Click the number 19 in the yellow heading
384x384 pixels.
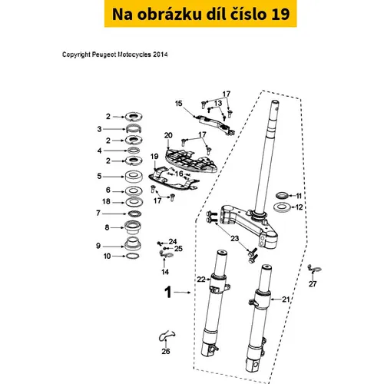[x=280, y=14]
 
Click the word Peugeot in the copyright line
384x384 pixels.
[x=104, y=55]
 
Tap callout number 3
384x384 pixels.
[x=99, y=129]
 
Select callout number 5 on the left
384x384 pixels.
[x=99, y=177]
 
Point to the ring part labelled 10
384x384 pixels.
[x=133, y=256]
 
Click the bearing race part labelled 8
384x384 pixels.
[x=133, y=227]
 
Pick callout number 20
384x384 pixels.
[x=168, y=135]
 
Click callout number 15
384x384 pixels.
[x=179, y=104]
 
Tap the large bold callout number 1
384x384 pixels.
[x=168, y=293]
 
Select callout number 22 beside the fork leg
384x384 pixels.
[x=201, y=280]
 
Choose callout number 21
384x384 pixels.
[x=286, y=299]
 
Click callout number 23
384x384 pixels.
[x=235, y=239]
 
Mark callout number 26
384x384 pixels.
[x=166, y=351]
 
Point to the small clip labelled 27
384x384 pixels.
[x=314, y=270]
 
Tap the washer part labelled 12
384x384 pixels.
[x=282, y=207]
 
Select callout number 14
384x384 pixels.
[x=165, y=272]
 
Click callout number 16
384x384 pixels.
[x=179, y=174]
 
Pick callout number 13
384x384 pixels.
[x=218, y=104]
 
